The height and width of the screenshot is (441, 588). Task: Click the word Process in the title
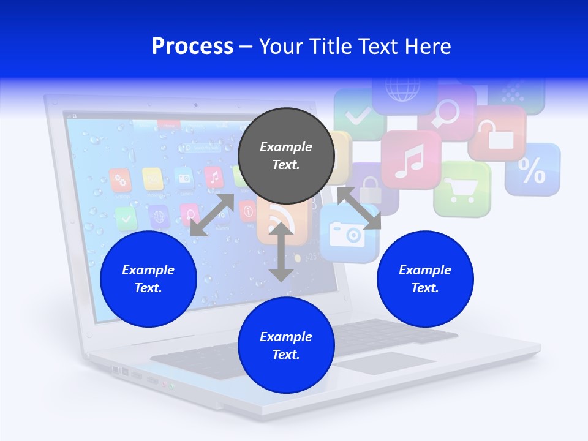click(x=192, y=47)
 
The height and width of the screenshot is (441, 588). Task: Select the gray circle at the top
click(x=285, y=156)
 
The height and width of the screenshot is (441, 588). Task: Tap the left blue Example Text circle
click(x=148, y=279)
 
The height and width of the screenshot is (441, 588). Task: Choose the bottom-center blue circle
click(x=286, y=345)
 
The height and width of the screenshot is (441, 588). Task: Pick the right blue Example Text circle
click(x=425, y=279)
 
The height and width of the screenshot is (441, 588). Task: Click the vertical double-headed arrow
click(x=281, y=252)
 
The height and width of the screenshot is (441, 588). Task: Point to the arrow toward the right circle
click(x=359, y=208)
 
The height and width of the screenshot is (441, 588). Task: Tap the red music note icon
click(x=410, y=160)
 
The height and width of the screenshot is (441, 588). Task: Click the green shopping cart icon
click(x=462, y=189)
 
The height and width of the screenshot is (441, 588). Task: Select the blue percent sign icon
click(x=532, y=170)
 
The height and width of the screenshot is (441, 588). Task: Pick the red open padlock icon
click(x=497, y=133)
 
